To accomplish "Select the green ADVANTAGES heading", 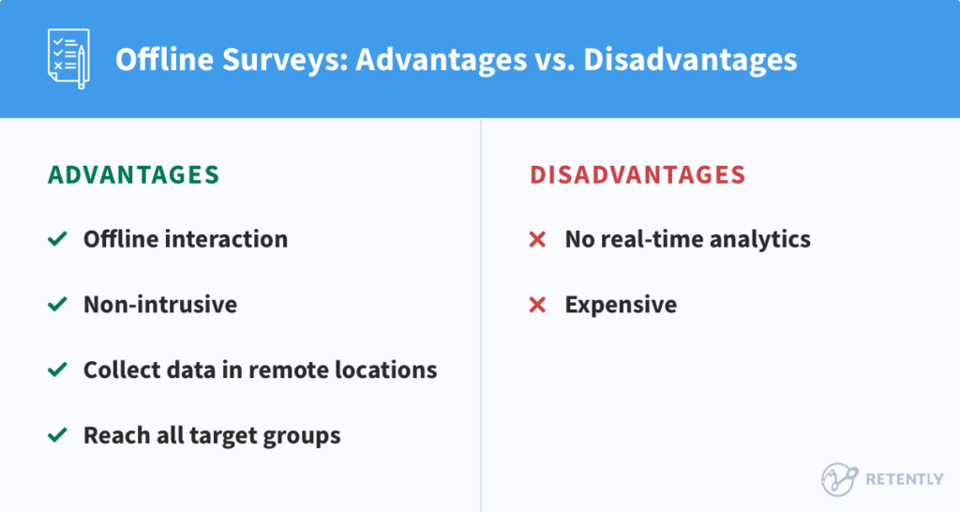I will point(133,175).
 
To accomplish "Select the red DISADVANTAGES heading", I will point(637,175).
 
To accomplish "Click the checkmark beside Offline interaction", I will point(57,240).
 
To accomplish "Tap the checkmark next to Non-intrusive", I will point(57,305).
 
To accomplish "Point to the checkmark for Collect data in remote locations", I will point(57,370).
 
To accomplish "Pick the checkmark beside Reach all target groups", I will point(57,436).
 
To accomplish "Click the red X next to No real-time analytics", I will point(537,240).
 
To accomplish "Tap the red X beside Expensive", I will point(537,305).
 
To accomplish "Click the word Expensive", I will point(621,305).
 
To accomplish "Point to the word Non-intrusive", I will point(160,305).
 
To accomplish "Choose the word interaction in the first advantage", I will point(226,240).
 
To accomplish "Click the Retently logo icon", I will point(839,478).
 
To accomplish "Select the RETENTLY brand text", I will point(903,479).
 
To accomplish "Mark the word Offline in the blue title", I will point(157,59).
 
